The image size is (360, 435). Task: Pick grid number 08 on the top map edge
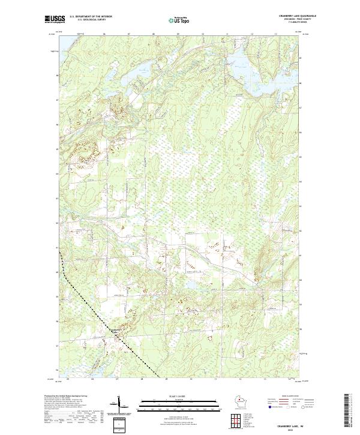click(x=154, y=34)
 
